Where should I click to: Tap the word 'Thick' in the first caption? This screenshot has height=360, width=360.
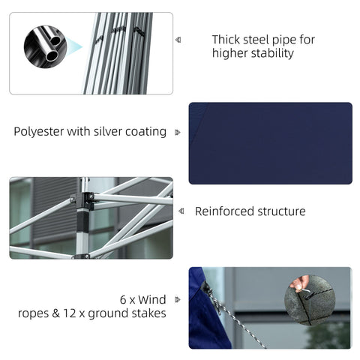[226, 39]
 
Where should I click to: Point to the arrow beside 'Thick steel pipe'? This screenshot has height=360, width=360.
[178, 40]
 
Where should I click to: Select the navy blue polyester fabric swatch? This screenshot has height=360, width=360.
[270, 142]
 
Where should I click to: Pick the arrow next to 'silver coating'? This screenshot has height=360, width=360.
[178, 132]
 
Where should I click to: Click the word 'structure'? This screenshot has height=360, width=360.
[282, 211]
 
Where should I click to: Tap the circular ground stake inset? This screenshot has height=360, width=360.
[309, 300]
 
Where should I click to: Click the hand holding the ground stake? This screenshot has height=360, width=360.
[300, 283]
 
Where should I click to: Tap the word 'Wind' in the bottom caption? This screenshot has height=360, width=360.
[152, 298]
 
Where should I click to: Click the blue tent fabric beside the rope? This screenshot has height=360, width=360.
[204, 322]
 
